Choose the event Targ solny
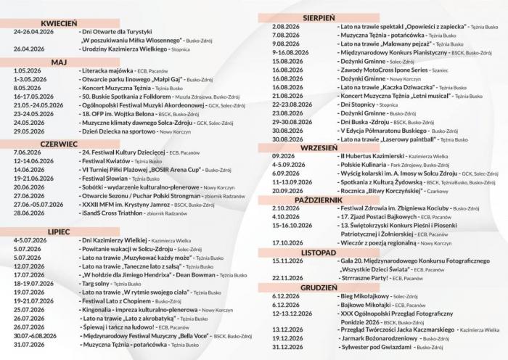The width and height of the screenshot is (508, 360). [99, 284]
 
